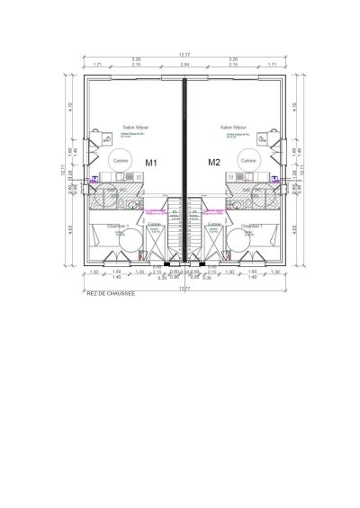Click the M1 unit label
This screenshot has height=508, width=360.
coord(152,163)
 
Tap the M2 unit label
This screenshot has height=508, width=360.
coord(214,163)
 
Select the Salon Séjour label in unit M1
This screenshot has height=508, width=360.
coord(136,128)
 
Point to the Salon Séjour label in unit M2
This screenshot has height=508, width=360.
coord(233,128)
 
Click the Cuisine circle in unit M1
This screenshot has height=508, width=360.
coord(121,159)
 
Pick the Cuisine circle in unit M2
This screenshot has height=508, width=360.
coord(247,159)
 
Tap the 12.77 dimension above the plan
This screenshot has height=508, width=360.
coord(184,55)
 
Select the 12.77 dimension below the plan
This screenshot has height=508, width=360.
coord(184,287)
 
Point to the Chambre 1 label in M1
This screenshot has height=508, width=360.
coord(118,225)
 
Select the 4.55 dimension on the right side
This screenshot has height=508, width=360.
coord(295,229)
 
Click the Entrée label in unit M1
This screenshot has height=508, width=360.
coord(154,224)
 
